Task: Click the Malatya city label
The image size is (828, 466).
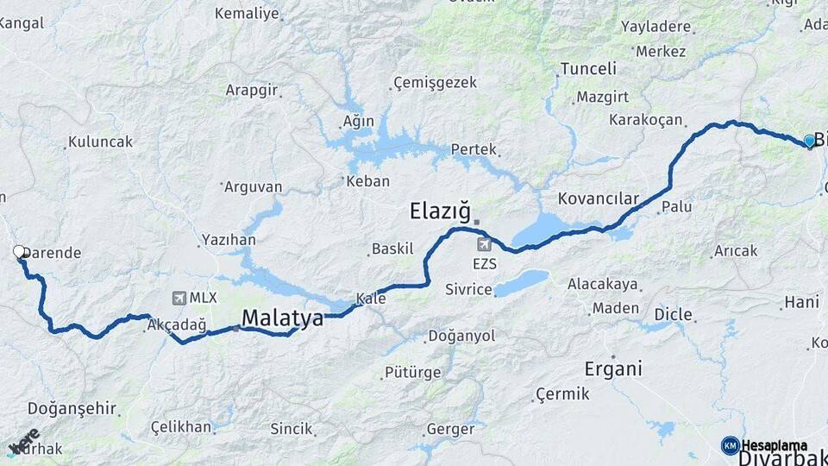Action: pos(282,318)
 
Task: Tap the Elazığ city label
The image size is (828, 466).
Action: pos(441,210)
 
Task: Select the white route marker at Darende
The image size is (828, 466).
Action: pos(19,252)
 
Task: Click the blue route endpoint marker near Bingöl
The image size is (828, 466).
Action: pos(809,140)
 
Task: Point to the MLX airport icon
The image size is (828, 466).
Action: pos(179,298)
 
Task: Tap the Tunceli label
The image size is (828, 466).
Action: pos(588,69)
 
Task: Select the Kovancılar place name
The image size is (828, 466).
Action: pos(598,198)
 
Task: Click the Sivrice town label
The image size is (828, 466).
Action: pos(468,289)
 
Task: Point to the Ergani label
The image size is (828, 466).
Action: pos(613,369)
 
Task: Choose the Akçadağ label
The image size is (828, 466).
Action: pos(177,325)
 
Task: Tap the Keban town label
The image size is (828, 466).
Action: pos(367,181)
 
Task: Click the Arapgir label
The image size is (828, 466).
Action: pos(252,90)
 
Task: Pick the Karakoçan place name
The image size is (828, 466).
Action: pos(645,119)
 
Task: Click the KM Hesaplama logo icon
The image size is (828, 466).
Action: pos(731,445)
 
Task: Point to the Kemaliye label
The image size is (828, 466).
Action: pos(247,13)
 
